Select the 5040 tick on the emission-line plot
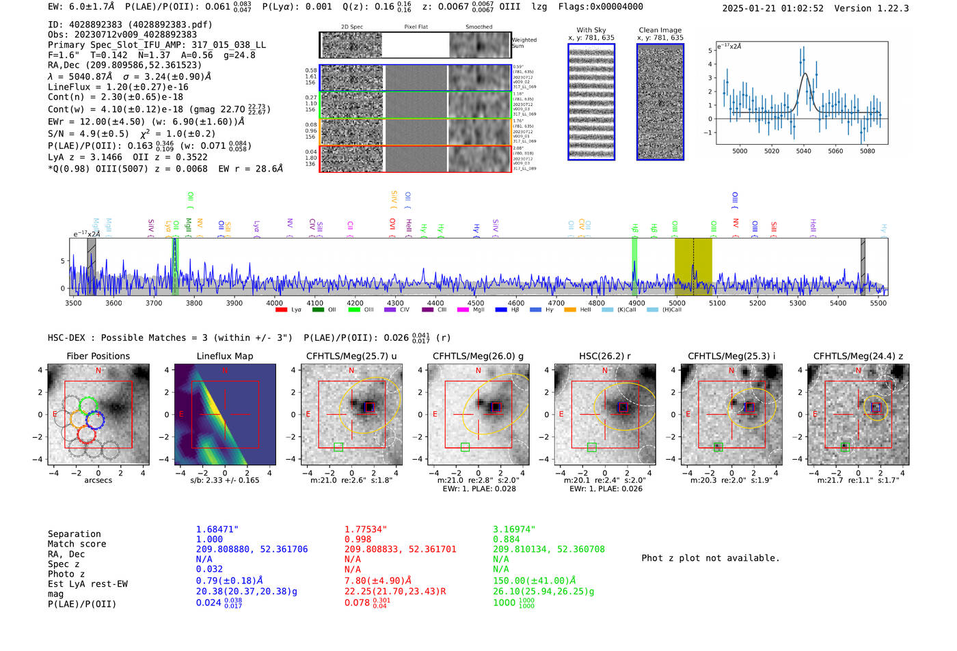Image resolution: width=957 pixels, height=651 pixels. coord(803,151)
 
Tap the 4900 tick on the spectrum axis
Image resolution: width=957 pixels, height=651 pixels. coord(636,303)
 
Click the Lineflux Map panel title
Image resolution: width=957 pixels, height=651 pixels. coord(224,356)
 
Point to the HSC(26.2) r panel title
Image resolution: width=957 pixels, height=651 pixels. coord(604,356)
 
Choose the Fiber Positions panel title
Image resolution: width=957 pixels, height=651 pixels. coord(98,356)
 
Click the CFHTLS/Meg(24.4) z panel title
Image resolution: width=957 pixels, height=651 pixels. coord(858,356)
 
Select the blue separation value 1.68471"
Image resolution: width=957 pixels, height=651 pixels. coord(217,529)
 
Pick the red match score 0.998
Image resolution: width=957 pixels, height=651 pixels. coord(358,539)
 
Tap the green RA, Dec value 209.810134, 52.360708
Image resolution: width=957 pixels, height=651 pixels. coord(548,549)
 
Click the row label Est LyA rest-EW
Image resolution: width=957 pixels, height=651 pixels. coord(87,584)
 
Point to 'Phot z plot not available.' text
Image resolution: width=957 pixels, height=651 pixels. coord(710,558)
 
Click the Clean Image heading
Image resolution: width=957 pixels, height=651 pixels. coord(660,30)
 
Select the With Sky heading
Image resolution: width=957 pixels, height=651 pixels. coord(591,30)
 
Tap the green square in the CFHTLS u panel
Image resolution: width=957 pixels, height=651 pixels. coord(338,447)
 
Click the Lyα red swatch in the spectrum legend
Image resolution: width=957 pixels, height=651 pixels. coord(281,310)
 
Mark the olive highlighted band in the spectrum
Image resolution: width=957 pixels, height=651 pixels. coord(693,266)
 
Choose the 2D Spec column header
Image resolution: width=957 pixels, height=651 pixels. coord(351,27)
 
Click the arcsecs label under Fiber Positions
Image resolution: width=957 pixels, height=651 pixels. coord(98,480)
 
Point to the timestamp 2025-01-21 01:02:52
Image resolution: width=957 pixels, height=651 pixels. coord(772,8)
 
